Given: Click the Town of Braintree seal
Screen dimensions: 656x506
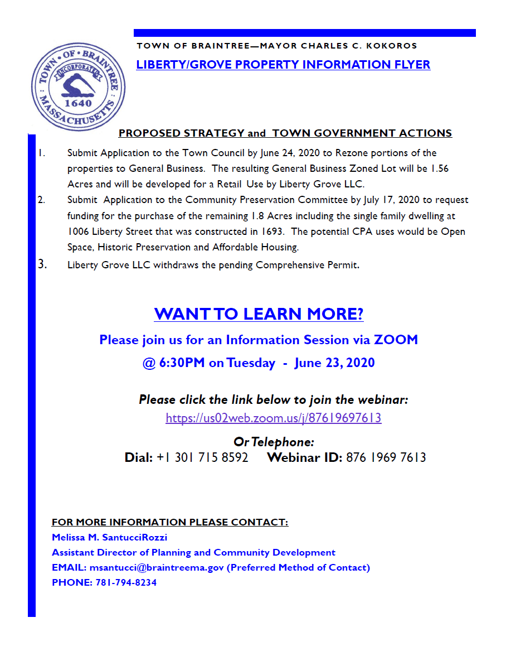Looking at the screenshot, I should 78,88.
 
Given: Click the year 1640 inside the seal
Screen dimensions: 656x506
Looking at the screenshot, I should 79,103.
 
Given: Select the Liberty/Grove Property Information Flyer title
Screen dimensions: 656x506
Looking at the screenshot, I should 283,65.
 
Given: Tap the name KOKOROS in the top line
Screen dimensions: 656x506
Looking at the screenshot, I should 395,46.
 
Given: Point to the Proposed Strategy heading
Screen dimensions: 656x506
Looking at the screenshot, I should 285,133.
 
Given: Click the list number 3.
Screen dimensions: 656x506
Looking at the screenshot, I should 43,264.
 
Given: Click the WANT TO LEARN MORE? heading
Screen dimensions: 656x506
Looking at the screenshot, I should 259,314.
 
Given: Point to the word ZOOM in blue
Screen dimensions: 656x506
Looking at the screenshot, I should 396,340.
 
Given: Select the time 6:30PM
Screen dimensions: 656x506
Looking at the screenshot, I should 182,363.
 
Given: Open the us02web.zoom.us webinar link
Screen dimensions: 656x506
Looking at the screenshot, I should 274,418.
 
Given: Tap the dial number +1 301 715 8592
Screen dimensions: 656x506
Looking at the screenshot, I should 202,458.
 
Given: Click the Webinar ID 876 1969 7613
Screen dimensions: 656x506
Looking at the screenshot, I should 386,458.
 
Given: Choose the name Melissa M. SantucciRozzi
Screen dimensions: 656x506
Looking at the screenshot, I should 109,538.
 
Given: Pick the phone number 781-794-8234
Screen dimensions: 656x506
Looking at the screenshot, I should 123,582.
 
